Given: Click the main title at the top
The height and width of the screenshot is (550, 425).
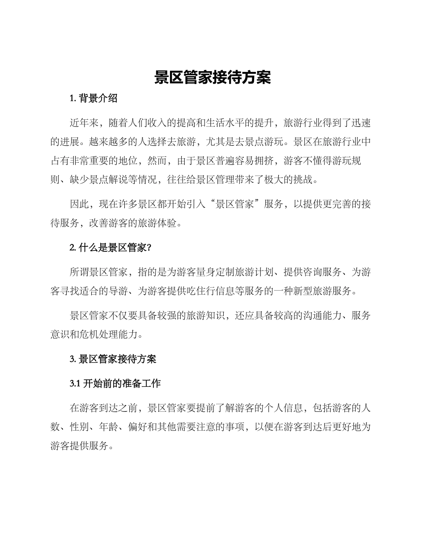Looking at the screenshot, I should [x=212, y=77].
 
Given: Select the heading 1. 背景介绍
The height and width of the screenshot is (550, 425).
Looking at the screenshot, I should [x=93, y=99].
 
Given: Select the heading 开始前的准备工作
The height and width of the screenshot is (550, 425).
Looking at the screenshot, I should [x=121, y=384].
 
